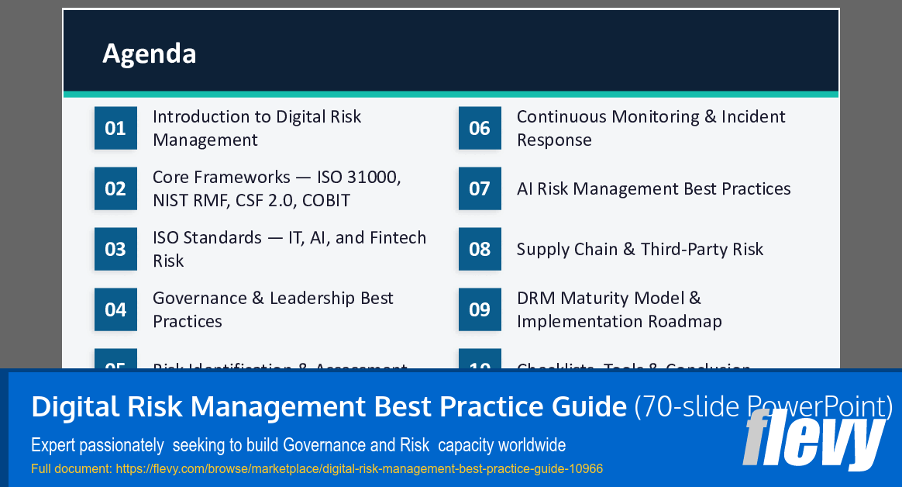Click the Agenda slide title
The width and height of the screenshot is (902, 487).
pyautogui.click(x=150, y=54)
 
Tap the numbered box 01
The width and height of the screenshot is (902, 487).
pyautogui.click(x=115, y=128)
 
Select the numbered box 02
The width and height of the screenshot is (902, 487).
pyautogui.click(x=115, y=188)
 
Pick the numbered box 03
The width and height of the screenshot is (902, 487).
pyautogui.click(x=115, y=249)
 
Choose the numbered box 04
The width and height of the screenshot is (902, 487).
pyautogui.click(x=115, y=309)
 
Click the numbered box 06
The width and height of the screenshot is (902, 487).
pyautogui.click(x=480, y=128)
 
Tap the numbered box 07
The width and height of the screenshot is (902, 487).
pyautogui.click(x=480, y=188)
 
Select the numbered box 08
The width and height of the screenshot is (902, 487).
pyautogui.click(x=480, y=249)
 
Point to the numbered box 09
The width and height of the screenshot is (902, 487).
pyautogui.click(x=480, y=309)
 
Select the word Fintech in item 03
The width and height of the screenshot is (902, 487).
pyautogui.click(x=397, y=237)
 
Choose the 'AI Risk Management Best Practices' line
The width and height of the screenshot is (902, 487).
pyautogui.click(x=653, y=189)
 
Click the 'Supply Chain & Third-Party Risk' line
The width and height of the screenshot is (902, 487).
pyautogui.click(x=640, y=250)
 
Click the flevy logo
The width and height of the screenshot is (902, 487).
pyautogui.click(x=813, y=440)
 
